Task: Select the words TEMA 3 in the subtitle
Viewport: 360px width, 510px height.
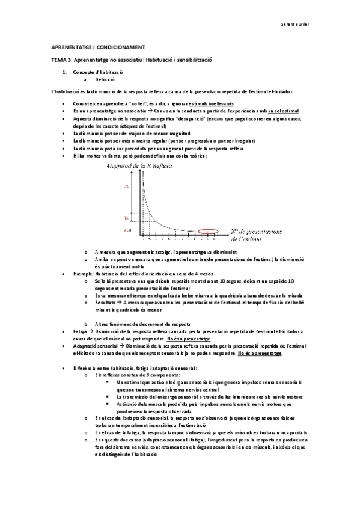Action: click(61, 60)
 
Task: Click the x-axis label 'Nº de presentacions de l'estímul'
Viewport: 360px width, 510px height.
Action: click(259, 235)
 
